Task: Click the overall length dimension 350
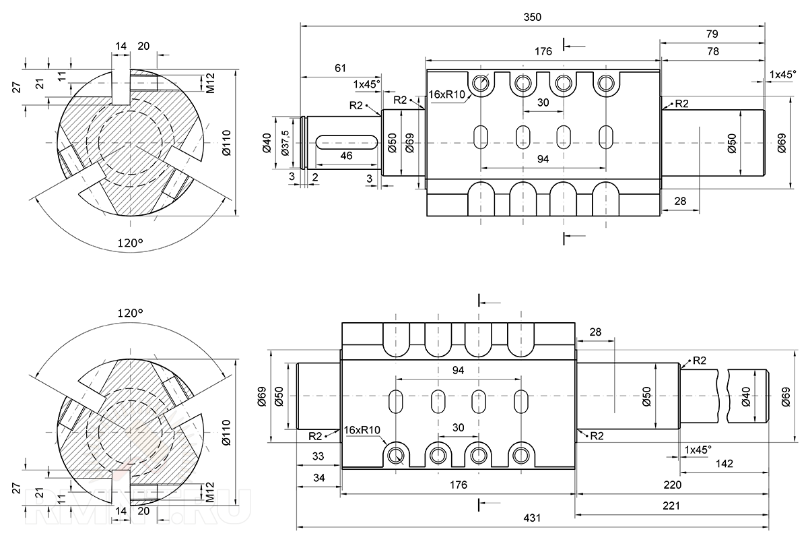pos(533,17)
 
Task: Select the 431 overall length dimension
pos(533,518)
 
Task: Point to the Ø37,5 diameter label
pos(285,143)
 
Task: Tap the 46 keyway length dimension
pos(345,156)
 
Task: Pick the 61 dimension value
pos(340,68)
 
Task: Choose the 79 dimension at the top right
pos(712,33)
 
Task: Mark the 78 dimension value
pos(712,51)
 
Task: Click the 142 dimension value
pos(725,463)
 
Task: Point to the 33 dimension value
pos(318,456)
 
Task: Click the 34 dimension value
pos(318,477)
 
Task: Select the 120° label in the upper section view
pos(131,243)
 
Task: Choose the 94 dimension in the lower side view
pos(458,370)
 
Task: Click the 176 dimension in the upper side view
pos(543,51)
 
